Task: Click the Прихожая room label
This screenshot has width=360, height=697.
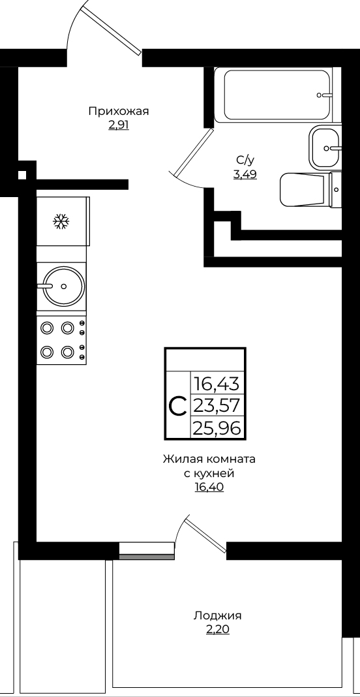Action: pos(118,112)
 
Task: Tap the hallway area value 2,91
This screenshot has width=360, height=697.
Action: pos(118,125)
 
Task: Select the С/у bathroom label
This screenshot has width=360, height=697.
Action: pos(245,161)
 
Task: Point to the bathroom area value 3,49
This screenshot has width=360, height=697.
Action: pos(245,175)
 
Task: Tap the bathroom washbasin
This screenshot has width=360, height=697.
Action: pos(324,147)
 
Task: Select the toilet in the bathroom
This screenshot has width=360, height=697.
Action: pos(310,189)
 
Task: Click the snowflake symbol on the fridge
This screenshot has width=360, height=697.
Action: pos(61,221)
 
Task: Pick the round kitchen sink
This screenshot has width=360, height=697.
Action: pos(61,286)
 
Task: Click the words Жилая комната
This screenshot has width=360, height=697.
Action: pos(209,459)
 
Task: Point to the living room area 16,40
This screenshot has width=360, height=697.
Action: pos(209,488)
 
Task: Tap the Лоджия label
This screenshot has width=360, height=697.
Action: pos(217,616)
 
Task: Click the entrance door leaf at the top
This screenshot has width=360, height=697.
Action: pos(113,29)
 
